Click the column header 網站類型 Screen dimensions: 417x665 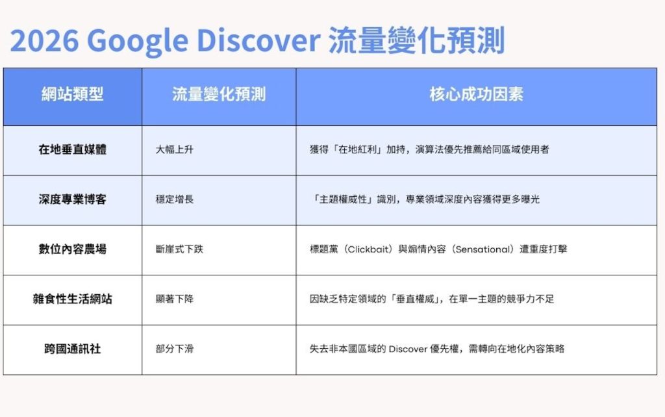pos(72,95)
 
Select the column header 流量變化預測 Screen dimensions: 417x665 pos(219,95)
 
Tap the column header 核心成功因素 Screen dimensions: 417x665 pos(476,95)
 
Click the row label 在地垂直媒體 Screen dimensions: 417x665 pos(72,149)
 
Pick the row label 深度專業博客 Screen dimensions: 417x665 pos(72,199)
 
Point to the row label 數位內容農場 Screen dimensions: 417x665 pos(72,249)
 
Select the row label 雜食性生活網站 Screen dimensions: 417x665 pos(72,299)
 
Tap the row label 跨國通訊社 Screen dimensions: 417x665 pos(72,349)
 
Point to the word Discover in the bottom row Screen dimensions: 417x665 pos(407,349)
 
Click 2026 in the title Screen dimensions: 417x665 pos(43,42)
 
